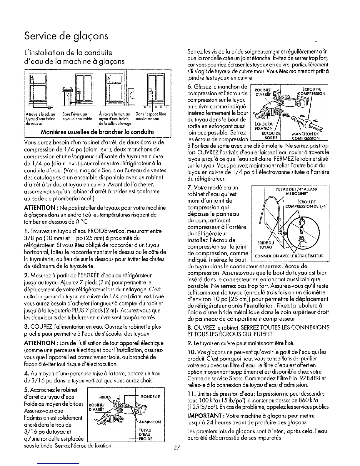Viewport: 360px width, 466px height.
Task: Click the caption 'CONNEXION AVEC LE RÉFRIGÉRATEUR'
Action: (x=289, y=256)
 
